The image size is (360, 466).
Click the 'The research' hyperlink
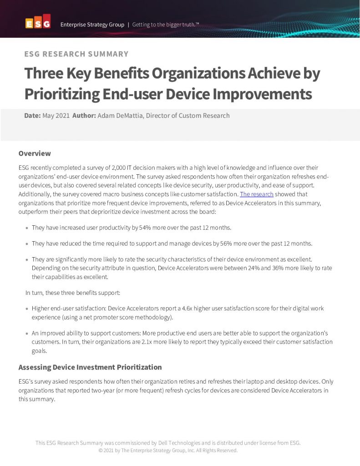[256, 195]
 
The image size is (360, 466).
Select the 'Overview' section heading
[35, 153]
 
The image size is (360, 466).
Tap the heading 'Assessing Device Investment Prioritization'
[90, 367]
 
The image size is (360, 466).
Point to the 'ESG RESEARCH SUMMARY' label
[76, 54]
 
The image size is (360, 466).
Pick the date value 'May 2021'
[56, 116]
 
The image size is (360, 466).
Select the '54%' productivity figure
[132, 228]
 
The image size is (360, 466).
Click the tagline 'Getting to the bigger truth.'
[166, 25]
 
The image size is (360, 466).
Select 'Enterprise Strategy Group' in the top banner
[92, 25]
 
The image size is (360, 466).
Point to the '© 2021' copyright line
[168, 451]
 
